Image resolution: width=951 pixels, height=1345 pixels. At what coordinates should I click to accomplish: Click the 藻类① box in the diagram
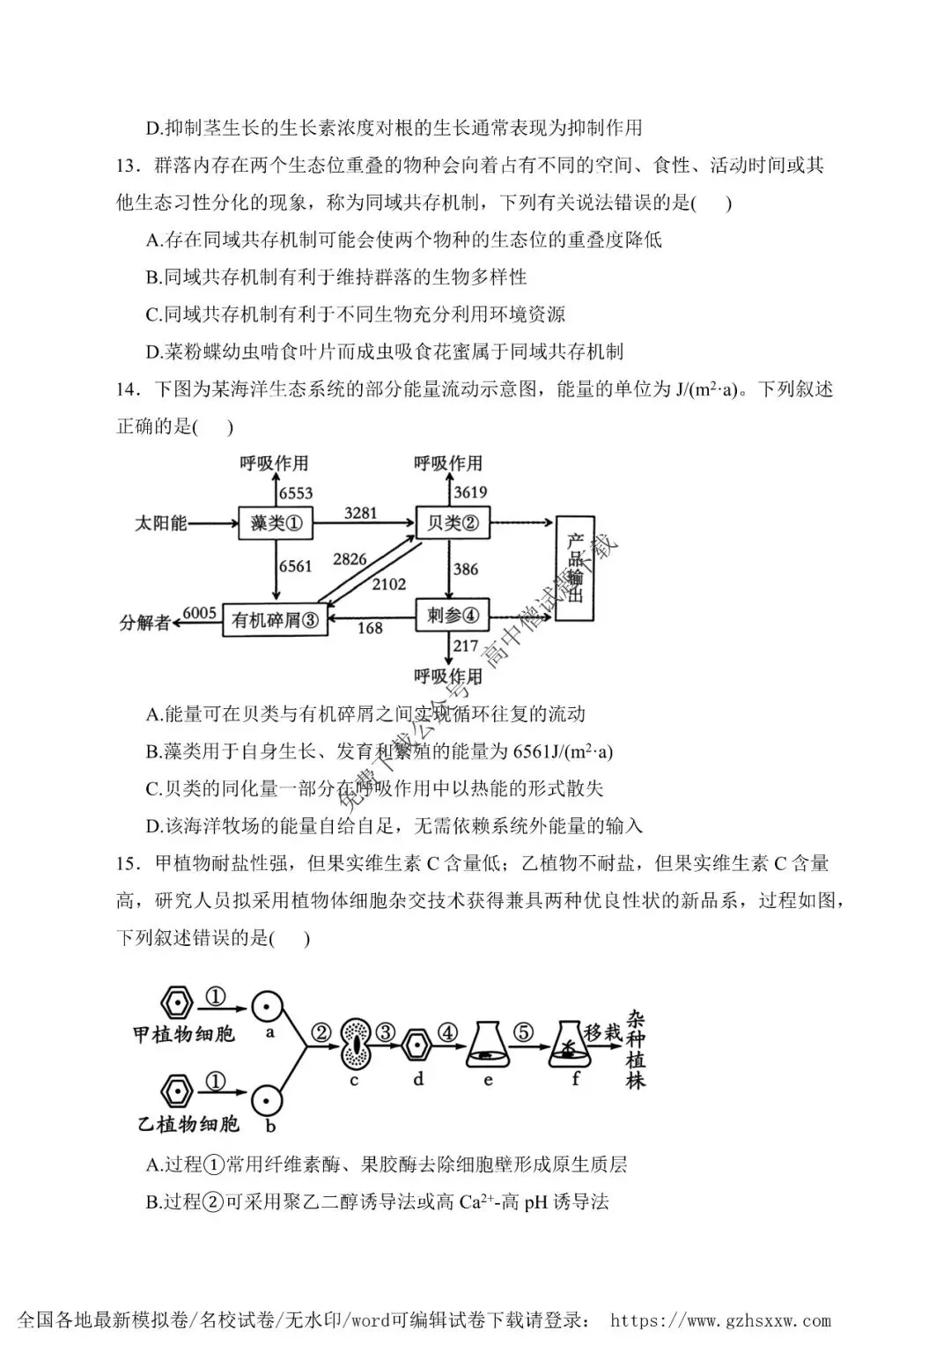(x=276, y=523)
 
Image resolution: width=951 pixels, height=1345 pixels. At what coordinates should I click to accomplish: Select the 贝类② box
(x=453, y=522)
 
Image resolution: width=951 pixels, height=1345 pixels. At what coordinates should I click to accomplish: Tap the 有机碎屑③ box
(x=275, y=620)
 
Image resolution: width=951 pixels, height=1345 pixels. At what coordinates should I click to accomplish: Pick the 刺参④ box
(x=453, y=615)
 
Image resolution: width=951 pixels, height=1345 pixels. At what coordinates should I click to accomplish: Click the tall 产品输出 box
(x=575, y=568)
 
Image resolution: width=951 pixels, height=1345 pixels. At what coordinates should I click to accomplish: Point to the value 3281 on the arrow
(x=360, y=513)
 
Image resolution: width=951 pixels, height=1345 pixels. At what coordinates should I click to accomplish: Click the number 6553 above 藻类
(x=296, y=493)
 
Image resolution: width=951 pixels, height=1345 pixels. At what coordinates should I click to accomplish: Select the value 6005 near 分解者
(x=199, y=612)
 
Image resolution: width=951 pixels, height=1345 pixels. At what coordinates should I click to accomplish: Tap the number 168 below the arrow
(x=370, y=628)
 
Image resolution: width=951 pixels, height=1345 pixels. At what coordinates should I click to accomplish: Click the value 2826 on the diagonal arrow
(x=350, y=559)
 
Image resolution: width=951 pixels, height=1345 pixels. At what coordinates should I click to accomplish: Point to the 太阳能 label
(x=161, y=523)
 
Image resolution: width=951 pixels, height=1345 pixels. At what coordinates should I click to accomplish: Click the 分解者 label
(x=145, y=623)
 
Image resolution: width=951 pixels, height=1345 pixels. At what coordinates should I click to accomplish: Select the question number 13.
(x=128, y=165)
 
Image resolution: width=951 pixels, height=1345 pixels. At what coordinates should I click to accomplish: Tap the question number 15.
(x=128, y=863)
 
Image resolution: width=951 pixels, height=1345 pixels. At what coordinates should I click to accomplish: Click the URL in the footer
(x=720, y=1321)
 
